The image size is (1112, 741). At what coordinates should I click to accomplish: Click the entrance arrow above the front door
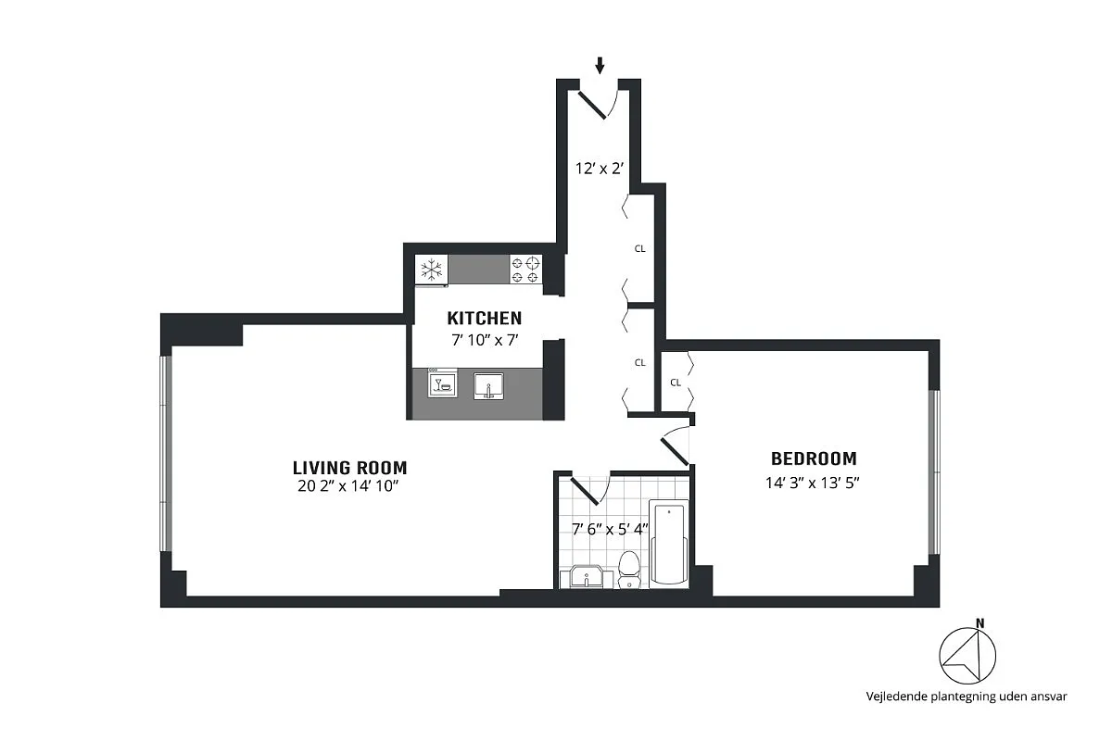click(600, 65)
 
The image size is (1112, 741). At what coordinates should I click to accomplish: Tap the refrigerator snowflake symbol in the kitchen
click(430, 270)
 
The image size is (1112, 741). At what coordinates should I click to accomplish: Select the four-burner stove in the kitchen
click(524, 270)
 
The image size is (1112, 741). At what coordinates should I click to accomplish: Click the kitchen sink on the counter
click(488, 384)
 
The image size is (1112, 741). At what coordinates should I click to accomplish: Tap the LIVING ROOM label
click(349, 468)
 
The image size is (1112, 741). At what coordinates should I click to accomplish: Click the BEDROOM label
click(814, 458)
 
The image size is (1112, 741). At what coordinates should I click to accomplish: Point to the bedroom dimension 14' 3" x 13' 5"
click(813, 482)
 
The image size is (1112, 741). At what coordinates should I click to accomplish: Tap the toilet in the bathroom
click(629, 569)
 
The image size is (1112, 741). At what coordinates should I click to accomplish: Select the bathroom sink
click(588, 578)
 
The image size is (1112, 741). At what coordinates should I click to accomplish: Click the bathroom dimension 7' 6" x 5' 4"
click(610, 530)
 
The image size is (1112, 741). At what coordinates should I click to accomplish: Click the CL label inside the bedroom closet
click(676, 382)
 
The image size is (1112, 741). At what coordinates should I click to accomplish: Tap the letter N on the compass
click(979, 623)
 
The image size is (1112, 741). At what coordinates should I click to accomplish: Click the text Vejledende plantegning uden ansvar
click(966, 696)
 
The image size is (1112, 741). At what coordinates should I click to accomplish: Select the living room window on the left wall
click(166, 454)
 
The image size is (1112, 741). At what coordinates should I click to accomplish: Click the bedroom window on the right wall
click(934, 471)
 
